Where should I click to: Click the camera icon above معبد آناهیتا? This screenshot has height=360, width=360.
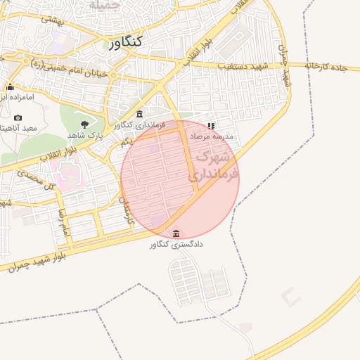[x=18, y=117]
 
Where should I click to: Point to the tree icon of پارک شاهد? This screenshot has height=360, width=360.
[x=84, y=124]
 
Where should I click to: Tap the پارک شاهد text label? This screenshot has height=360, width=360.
[x=85, y=134]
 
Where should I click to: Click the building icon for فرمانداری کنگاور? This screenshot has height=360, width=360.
[x=139, y=114]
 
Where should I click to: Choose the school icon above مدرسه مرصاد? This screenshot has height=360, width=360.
[x=211, y=125]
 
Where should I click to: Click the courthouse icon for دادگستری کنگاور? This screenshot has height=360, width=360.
[x=175, y=233]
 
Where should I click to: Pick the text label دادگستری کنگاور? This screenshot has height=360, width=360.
[x=176, y=245]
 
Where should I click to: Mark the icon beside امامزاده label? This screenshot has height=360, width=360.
[x=10, y=87]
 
